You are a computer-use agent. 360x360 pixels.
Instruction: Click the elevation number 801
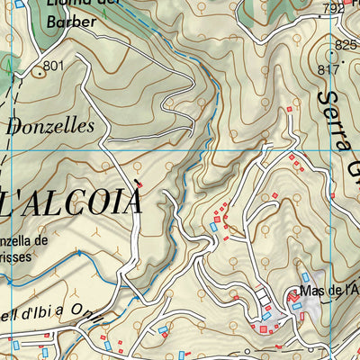coord(53,66)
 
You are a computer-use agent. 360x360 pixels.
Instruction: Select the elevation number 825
coord(346,45)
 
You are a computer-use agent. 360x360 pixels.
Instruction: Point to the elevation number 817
coord(328,69)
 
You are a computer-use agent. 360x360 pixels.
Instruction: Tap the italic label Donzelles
coord(49,127)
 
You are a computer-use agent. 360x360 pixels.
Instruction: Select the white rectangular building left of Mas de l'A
coord(262,295)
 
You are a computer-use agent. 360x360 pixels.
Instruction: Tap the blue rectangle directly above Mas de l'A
coord(305,277)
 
